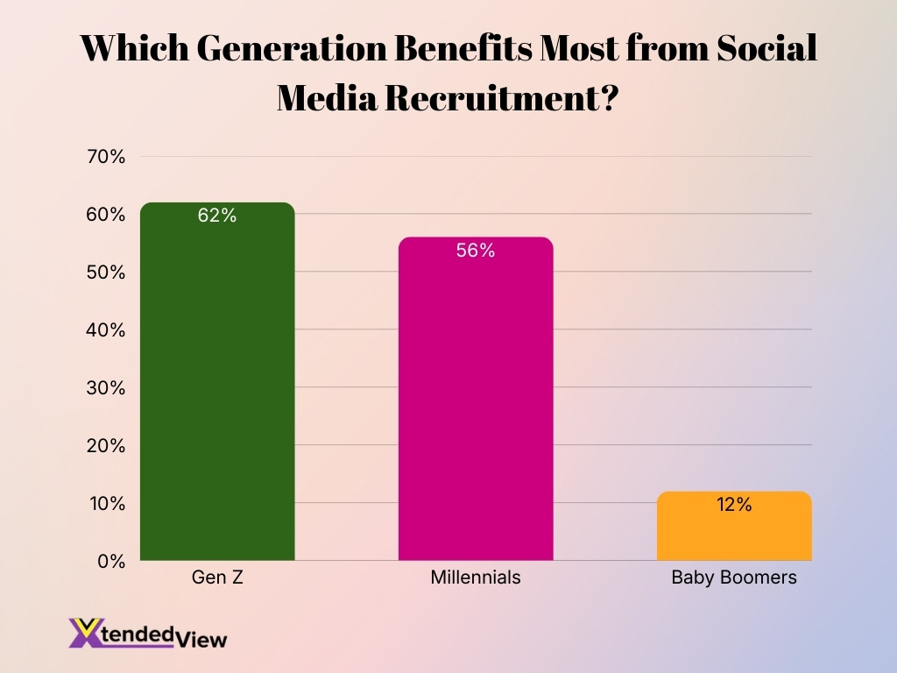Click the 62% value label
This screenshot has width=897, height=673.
pos(217,216)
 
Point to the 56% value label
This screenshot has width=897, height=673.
pos(476,251)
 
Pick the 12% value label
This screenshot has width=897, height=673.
pos(734,505)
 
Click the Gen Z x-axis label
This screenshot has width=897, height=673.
pos(217,578)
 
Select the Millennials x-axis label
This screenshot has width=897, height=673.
pos(476,578)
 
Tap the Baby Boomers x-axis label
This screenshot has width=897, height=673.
pos(734,578)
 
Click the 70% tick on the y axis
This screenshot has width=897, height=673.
pos(106,158)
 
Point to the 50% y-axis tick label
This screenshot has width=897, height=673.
pos(106,273)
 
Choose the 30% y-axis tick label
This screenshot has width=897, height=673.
pos(106,388)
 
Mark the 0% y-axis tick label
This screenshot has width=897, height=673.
pos(110,562)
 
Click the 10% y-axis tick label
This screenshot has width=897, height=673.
pos(106,504)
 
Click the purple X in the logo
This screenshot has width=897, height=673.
pos(84,633)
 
